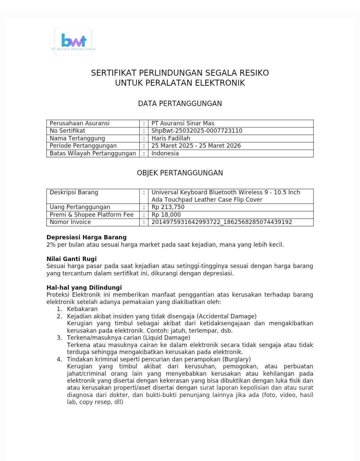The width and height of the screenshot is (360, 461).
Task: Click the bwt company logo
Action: (x=73, y=42)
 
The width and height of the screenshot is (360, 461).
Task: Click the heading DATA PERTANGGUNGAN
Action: (x=180, y=104)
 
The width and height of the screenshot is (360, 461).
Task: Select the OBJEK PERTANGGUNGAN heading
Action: (x=180, y=173)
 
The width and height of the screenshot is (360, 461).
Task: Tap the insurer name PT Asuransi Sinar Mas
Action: (x=183, y=123)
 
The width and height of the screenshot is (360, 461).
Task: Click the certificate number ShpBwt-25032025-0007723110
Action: (x=197, y=131)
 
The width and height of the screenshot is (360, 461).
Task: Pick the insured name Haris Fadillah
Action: (x=171, y=138)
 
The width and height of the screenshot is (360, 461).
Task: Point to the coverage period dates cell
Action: (x=196, y=146)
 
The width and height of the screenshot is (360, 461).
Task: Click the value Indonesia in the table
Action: (x=165, y=153)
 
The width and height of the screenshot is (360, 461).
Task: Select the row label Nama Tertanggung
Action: (x=77, y=138)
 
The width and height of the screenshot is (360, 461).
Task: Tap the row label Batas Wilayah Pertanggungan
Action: (x=93, y=153)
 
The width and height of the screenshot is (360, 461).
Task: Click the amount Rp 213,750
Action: (x=168, y=207)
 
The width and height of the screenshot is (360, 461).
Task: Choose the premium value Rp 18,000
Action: (x=166, y=215)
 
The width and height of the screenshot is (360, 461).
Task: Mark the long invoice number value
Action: (x=222, y=222)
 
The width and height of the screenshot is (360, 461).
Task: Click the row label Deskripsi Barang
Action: (x=74, y=192)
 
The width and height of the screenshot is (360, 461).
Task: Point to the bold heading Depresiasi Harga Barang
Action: (x=86, y=237)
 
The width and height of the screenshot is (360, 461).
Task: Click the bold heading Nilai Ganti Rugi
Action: (x=71, y=259)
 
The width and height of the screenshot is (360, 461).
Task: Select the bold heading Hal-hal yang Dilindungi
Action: (x=84, y=288)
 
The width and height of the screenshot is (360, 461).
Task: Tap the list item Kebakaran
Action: (x=82, y=309)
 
